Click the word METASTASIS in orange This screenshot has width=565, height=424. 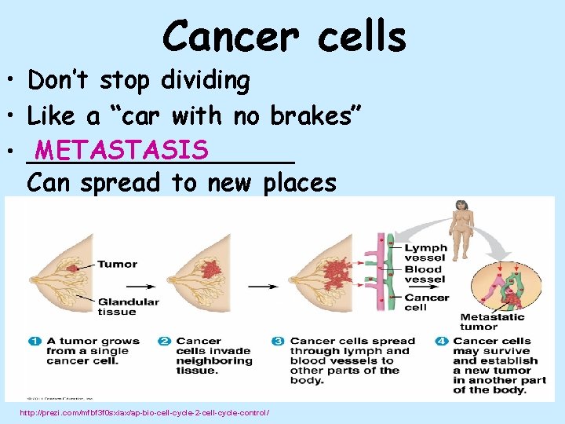(x=121, y=149)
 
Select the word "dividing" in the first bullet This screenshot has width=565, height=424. (x=205, y=80)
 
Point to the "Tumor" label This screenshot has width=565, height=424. (x=118, y=264)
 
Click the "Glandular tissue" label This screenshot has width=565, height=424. (x=129, y=306)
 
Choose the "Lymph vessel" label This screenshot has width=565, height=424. (x=425, y=253)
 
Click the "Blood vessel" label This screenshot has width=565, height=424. (x=425, y=274)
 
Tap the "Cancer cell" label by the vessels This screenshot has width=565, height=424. (x=426, y=302)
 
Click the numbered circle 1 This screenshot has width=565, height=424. (x=35, y=341)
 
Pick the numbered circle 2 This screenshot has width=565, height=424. (x=165, y=341)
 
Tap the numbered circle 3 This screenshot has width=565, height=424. (x=278, y=341)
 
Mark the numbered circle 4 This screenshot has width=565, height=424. (x=442, y=341)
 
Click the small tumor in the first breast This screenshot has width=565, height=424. (x=71, y=269)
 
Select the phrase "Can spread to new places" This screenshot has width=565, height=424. (x=181, y=183)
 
